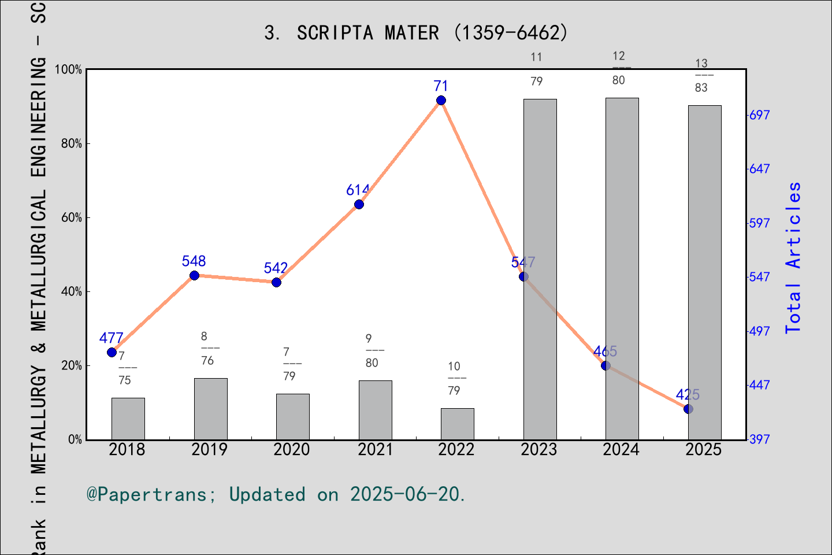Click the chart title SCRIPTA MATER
(416, 33)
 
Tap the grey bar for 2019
(210, 409)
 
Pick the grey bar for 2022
(457, 424)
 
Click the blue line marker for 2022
(441, 101)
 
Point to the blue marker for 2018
(112, 353)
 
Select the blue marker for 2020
(276, 282)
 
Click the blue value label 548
(194, 261)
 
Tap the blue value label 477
(111, 338)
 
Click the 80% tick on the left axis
(72, 143)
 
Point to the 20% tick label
(72, 365)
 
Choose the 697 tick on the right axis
(759, 115)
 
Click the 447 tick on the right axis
(759, 385)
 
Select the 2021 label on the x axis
(375, 450)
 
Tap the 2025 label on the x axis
(703, 450)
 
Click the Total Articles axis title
(794, 257)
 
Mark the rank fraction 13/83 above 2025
(701, 75)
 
